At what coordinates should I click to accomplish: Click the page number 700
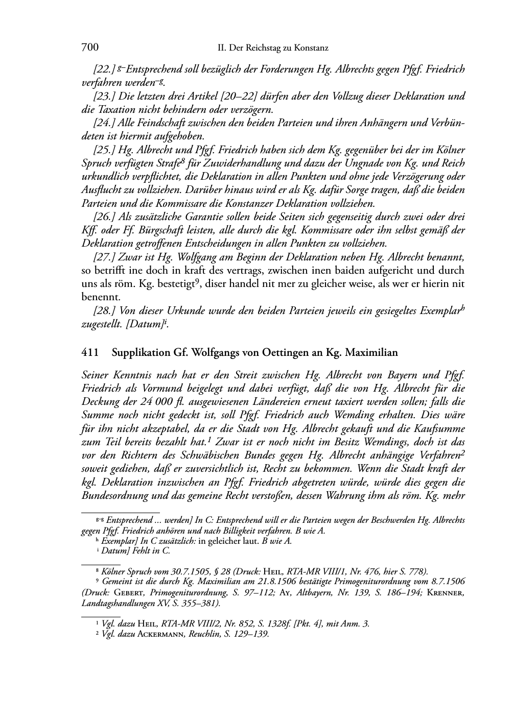pos(90,47)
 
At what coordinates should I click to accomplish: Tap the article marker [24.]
pos(104,123)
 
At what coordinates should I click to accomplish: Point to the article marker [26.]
pos(104,217)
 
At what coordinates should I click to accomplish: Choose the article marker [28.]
pos(104,311)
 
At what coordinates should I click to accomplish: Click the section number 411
pos(90,352)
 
